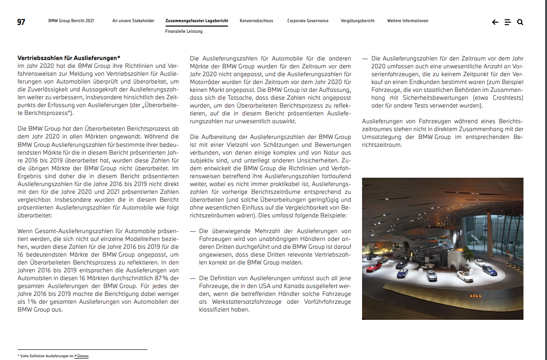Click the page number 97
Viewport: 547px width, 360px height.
[21, 22]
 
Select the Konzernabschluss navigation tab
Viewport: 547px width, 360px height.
[256, 21]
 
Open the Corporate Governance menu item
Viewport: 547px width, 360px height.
[308, 21]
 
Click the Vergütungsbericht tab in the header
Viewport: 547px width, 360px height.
[357, 21]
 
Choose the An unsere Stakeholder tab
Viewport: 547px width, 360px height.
[133, 21]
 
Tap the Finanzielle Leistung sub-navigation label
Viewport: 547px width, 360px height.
[184, 31]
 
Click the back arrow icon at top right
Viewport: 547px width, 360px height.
[495, 22]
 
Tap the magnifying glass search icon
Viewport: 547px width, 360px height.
[520, 22]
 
